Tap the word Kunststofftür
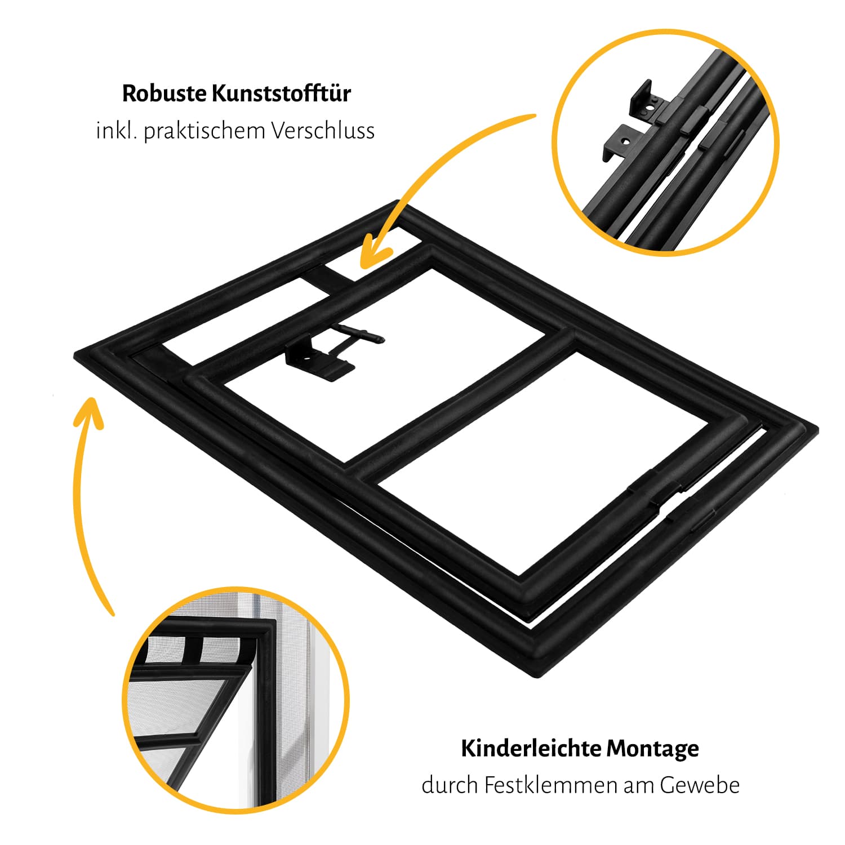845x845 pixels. [x=282, y=93]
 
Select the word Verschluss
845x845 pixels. [x=323, y=131]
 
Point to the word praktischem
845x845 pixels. [x=204, y=131]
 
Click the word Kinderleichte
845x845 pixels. [x=531, y=749]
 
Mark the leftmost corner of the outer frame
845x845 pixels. [x=75, y=355]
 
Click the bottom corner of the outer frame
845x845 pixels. [x=541, y=676]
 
